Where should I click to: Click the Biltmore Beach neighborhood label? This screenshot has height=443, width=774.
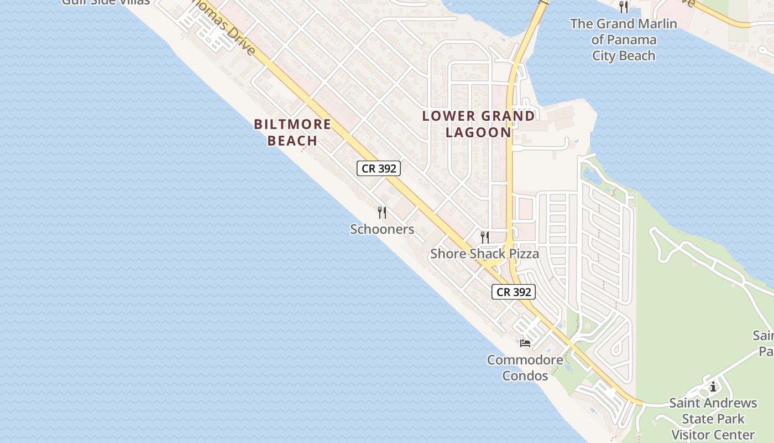[x=292, y=132]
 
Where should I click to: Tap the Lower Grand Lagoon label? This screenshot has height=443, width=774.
[x=479, y=124]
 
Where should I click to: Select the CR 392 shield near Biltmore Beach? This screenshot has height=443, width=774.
[x=379, y=168]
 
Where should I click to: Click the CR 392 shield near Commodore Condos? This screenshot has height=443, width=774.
[x=514, y=292]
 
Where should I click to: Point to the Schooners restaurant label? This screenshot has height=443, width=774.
[x=382, y=229]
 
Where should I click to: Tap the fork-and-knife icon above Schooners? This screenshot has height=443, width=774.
[x=381, y=212]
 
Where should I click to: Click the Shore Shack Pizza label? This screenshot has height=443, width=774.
[x=484, y=254]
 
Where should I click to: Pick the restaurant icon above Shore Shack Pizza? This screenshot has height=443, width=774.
[x=485, y=238]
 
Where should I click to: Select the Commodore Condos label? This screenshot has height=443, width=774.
[x=525, y=368]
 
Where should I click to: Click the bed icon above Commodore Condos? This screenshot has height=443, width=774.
[x=525, y=343]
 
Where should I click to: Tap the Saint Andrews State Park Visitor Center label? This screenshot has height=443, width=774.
[x=713, y=419]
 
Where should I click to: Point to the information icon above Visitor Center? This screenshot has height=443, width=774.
[x=713, y=387]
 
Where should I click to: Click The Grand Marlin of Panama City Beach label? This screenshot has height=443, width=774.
[x=624, y=40]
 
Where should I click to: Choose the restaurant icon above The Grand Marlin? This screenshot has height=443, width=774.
[x=624, y=7]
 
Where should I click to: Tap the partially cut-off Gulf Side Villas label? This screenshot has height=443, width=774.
[x=106, y=2]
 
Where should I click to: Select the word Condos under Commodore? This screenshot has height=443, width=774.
[x=525, y=376]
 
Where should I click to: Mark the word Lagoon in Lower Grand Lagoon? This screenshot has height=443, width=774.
[x=479, y=132]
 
